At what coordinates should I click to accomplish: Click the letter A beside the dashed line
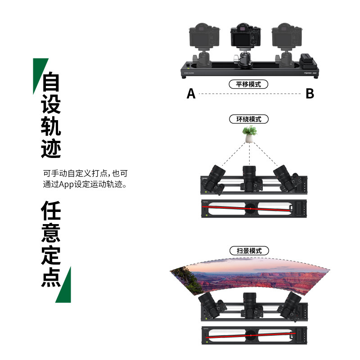pos(191,94)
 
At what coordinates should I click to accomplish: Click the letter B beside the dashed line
pos(310,94)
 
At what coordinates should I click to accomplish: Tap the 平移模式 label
pos(248,84)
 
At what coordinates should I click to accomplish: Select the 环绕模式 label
pos(249,119)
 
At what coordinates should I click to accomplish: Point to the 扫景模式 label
pos(249,251)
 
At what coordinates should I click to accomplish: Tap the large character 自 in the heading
pos(51,82)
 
